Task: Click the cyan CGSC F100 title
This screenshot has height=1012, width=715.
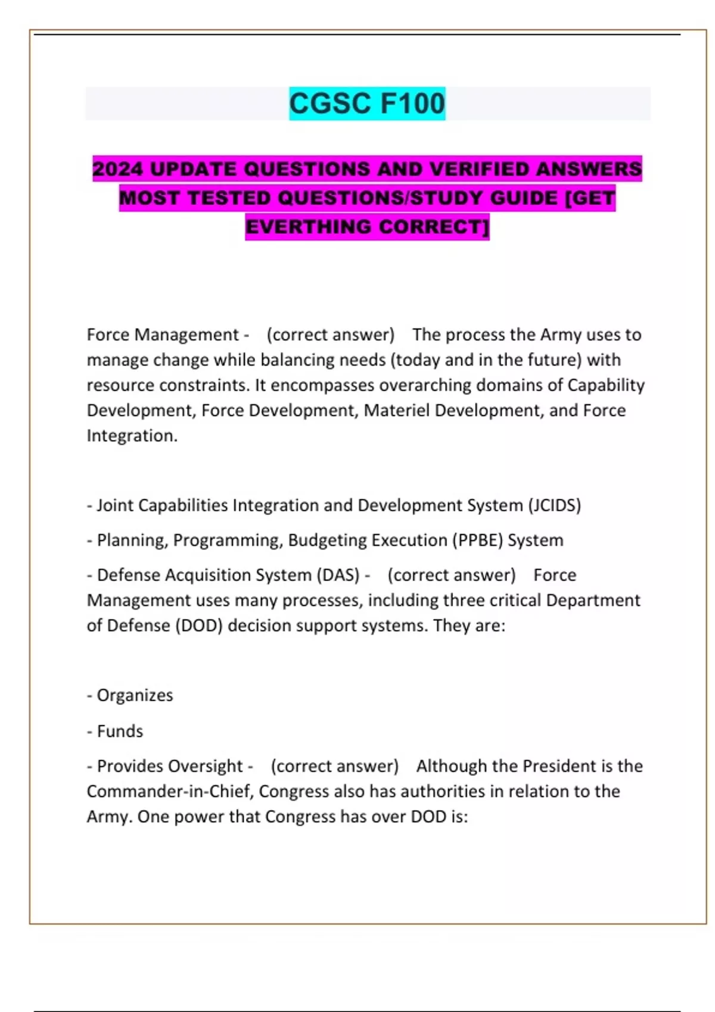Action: coord(367,104)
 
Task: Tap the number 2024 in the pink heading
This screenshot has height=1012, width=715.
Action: coord(117,169)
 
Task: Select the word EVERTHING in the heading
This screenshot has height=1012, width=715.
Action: coord(309,227)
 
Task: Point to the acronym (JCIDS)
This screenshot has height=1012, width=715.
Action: coord(554,505)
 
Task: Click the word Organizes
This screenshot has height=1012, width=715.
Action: coord(135,695)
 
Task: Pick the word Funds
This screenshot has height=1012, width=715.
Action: coord(120,731)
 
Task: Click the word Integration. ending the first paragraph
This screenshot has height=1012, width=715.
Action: coord(132,436)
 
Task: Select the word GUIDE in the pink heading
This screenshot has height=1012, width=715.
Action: coord(524,198)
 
